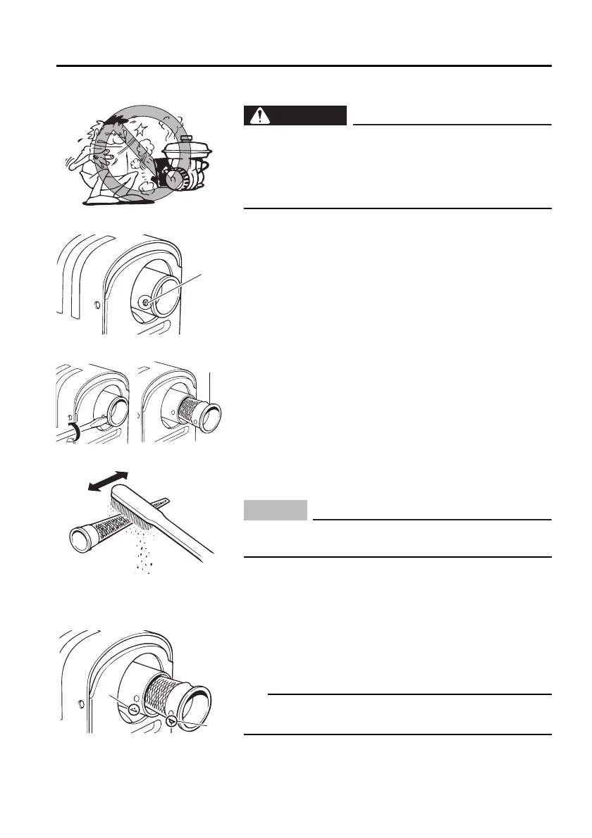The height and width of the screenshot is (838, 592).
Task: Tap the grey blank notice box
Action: (x=276, y=510)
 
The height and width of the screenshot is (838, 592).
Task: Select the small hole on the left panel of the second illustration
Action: (x=96, y=306)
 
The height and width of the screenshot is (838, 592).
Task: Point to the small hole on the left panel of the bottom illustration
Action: (x=82, y=703)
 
